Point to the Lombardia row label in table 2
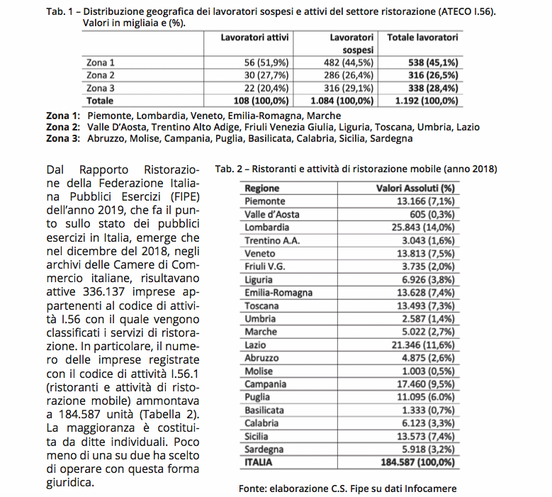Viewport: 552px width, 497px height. [x=266, y=227]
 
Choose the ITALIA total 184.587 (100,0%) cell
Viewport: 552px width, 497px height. [x=414, y=462]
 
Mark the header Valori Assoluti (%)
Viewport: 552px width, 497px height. [x=415, y=189]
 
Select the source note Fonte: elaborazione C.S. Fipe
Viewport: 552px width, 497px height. [x=347, y=488]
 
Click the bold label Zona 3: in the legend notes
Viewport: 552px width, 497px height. [x=63, y=139]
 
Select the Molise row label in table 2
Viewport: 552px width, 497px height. [x=259, y=371]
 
